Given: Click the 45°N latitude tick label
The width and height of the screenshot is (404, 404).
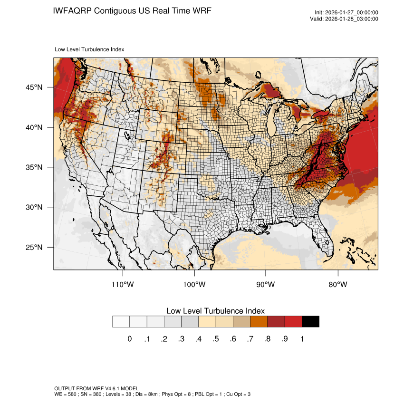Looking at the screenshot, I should (x=34, y=87).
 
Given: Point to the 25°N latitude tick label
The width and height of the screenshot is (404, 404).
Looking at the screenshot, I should (x=34, y=247).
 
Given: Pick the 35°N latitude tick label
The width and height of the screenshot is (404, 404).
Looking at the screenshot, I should (x=34, y=167).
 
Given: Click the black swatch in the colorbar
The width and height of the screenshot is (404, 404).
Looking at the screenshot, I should (x=310, y=322).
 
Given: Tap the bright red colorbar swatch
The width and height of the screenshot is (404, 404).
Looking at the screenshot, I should (x=293, y=322).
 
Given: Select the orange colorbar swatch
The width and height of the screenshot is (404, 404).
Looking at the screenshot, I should (x=259, y=322).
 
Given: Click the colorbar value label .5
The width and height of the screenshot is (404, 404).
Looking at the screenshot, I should (x=216, y=339).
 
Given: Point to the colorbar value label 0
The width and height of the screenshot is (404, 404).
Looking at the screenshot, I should (x=129, y=339).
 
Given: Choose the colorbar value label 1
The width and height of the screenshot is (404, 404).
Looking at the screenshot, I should (x=302, y=339).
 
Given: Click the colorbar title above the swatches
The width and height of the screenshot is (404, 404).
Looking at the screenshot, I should (x=215, y=311).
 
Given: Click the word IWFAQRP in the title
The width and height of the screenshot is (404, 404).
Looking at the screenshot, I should (x=73, y=10).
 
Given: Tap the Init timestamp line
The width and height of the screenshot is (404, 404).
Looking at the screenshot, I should (x=346, y=13).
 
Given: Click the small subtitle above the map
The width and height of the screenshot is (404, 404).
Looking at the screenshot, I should (x=89, y=49).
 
